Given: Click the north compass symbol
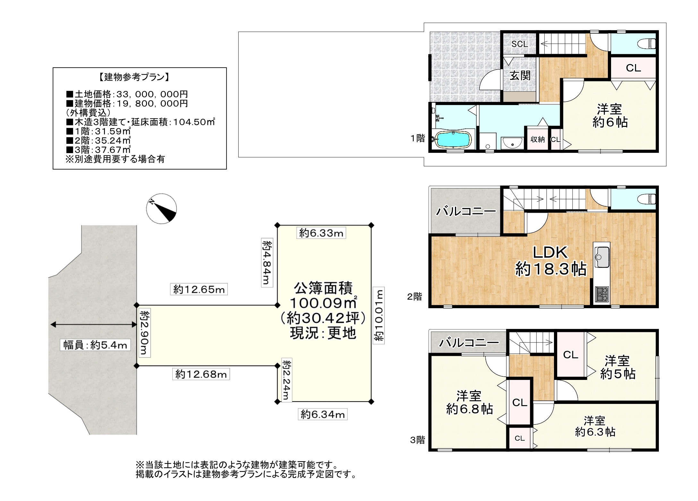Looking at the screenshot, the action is point(161,208).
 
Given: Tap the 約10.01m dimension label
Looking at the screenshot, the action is point(379,316).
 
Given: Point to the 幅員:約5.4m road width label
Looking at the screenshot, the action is point(95,345).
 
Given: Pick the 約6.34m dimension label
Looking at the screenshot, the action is point(323,415).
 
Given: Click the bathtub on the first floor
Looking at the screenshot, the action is point(453,140).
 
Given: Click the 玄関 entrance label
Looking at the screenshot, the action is point(520,76).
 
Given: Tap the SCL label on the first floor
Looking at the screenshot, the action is point(520,44).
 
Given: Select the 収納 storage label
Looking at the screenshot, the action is point(538,139).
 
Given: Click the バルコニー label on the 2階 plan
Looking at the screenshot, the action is point(466,211).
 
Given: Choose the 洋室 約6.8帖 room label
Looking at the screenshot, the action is point(469,403).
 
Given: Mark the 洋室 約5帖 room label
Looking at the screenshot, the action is point(618,367).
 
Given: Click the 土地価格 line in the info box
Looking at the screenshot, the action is point(127,94).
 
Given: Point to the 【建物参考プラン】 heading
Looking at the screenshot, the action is point(132,77).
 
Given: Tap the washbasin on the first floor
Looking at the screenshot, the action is point(512,143).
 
